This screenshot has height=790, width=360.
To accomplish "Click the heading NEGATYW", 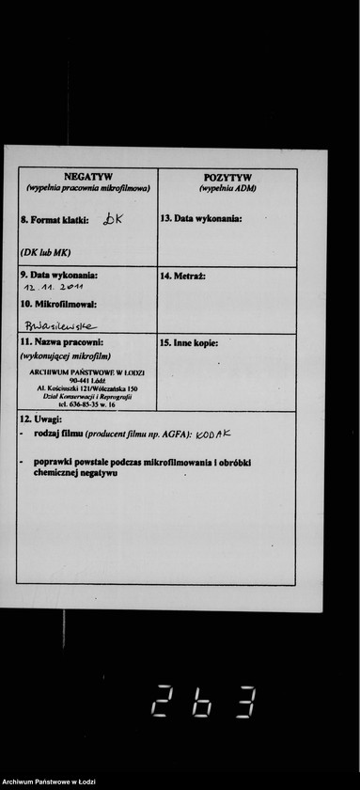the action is pyautogui.click(x=88, y=176).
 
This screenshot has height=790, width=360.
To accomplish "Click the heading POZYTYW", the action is pyautogui.click(x=227, y=177).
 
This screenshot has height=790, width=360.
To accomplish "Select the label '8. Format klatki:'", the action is pyautogui.click(x=55, y=220).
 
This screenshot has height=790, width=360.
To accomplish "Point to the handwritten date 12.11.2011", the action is pyautogui.click(x=54, y=286).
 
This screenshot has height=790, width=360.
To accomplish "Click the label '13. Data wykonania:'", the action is pyautogui.click(x=201, y=218).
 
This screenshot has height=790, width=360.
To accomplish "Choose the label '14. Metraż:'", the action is pyautogui.click(x=183, y=276).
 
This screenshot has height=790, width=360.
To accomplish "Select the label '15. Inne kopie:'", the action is pyautogui.click(x=189, y=343).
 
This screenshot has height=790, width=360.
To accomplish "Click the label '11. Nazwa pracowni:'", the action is pyautogui.click(x=61, y=342).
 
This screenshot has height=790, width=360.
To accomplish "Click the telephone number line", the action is pyautogui.click(x=86, y=404).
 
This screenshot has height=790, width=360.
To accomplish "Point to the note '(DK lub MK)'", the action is pyautogui.click(x=45, y=252).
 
